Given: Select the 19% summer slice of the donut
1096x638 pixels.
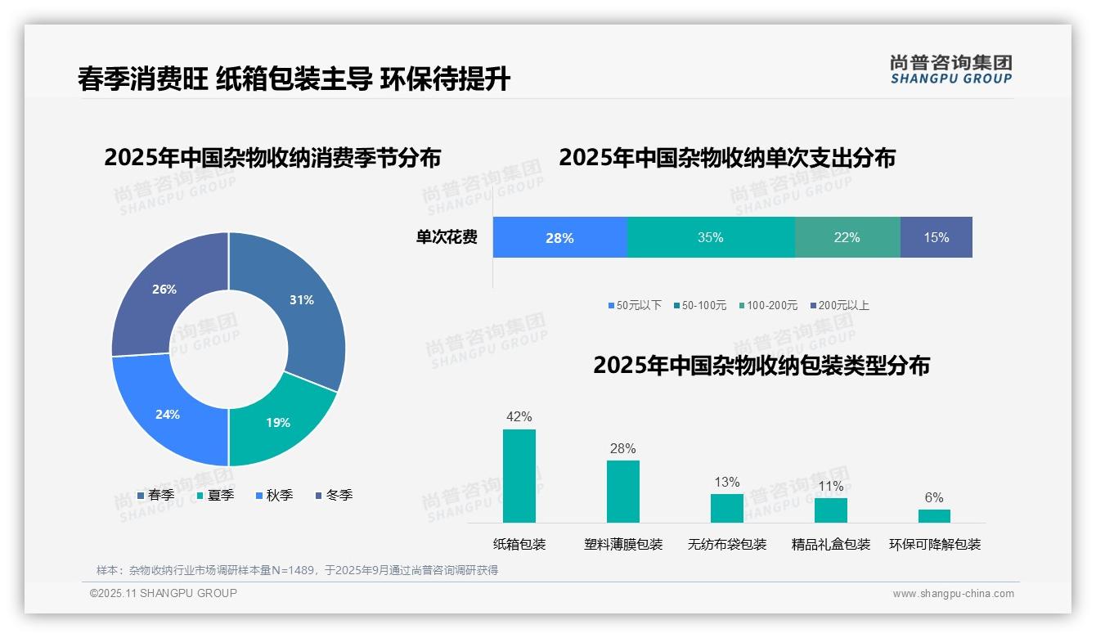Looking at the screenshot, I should pos(277,422).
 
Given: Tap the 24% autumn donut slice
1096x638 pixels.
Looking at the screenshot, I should pos(168,414).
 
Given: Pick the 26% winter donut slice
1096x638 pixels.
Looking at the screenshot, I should pos(164,290).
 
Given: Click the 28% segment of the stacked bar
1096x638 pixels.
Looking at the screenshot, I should pos(559,238).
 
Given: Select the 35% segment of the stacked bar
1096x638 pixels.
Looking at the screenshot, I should pos(711,238).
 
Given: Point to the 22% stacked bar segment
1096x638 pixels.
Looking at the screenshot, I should pos(847,238).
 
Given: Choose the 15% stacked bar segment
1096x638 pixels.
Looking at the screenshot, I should pos(937,238).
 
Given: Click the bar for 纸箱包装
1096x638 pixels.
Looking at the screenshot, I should pos(519,476).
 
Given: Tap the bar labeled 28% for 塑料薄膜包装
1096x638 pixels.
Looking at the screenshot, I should pos(623,492).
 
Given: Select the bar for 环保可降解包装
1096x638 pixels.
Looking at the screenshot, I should pos(934,516).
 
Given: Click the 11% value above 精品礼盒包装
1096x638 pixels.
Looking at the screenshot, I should pos(830,487).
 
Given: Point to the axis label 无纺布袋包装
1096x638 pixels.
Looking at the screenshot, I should pos(727,545).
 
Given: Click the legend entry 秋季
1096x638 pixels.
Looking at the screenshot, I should pos(275,496).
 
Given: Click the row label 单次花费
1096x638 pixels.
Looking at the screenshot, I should pos(447,238).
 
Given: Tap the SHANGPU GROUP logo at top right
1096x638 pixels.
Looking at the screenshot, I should pos(951,70).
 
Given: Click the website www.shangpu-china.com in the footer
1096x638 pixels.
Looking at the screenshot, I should pos(953,594).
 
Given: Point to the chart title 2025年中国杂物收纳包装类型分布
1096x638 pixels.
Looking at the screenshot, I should pos(761,366).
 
